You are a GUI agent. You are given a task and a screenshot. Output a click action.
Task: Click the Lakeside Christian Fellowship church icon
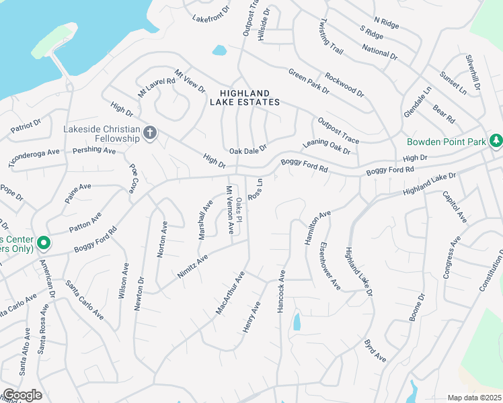coord(150,133)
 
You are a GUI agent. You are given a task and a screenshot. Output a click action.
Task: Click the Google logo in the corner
coord(22,395)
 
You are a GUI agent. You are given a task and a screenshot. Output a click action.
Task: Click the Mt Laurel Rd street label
coord(157,85)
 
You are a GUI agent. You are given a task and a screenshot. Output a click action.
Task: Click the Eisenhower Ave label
coord(331,266)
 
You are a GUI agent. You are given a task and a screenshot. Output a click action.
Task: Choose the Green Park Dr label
coord(309,81)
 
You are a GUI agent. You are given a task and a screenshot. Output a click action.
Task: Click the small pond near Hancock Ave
coord(297,322)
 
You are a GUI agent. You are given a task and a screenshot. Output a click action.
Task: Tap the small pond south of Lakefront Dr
coord(219,50)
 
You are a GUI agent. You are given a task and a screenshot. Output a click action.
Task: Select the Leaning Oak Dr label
coord(327,146)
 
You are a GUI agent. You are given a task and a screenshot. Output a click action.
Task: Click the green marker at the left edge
coord(43,242)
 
